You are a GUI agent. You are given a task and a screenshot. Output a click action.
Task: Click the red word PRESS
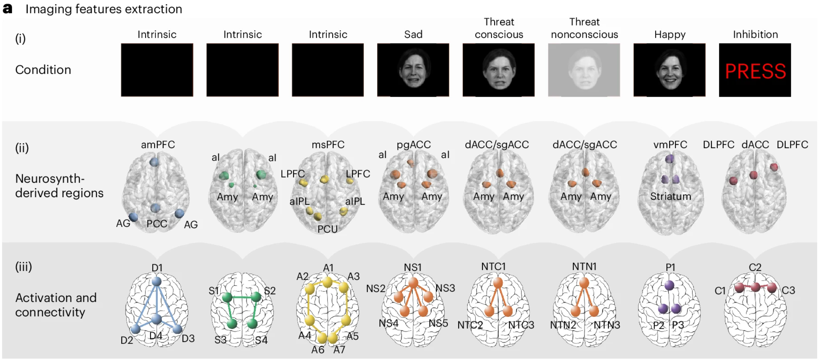pos(756,71)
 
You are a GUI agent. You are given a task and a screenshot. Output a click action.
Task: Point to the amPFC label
pos(158,144)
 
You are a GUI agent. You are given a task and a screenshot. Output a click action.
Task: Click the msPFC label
pos(328,144)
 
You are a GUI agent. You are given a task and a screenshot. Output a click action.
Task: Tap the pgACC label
pos(414,144)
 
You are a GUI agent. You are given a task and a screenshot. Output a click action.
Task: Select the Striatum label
pos(671,196)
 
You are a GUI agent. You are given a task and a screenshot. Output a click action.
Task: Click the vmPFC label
pos(670,144)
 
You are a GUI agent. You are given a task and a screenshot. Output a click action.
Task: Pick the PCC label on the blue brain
pos(157,224)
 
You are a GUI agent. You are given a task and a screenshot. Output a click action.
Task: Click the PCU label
pos(327,229)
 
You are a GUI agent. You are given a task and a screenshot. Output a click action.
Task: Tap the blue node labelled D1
pos(157,281)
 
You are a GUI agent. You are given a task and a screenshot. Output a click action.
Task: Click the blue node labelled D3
pos(177,329)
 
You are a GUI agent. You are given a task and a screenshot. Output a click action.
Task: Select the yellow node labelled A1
pos(327,282)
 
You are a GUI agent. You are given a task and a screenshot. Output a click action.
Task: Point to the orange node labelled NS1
pos(413,283)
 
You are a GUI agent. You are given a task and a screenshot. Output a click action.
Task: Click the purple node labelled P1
pos(669,285)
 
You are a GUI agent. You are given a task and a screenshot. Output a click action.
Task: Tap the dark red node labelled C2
pos(756,287)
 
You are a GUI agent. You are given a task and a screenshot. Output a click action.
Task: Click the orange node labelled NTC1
pos(498,283)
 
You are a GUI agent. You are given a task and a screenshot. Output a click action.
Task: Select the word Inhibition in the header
pos(756,34)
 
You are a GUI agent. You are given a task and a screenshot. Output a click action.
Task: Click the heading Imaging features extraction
pos(104,9)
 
